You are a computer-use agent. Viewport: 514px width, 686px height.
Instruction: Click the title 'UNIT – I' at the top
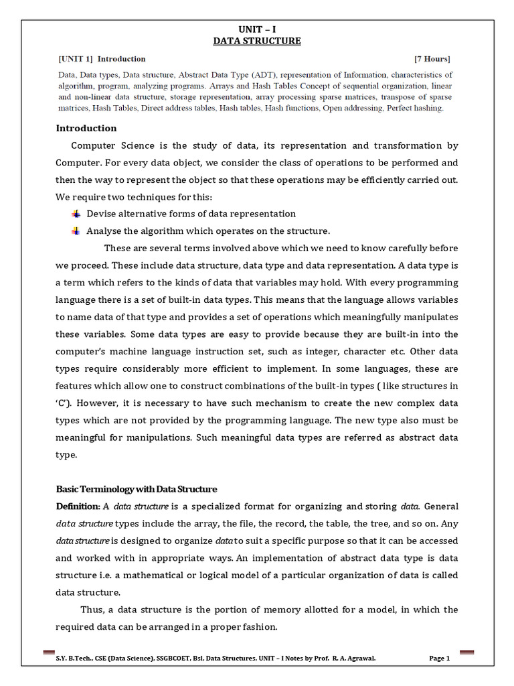tap(257, 29)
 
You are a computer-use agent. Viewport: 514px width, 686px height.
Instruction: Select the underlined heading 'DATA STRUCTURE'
tap(257, 42)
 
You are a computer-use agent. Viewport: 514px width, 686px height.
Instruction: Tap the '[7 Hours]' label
tap(432, 59)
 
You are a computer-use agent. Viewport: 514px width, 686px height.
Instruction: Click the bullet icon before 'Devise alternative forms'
tap(76, 214)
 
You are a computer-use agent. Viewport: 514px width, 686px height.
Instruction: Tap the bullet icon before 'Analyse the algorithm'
tap(76, 231)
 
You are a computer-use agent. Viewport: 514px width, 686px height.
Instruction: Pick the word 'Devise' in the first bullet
tap(102, 214)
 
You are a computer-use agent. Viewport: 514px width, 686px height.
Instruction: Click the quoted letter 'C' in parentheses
tap(63, 403)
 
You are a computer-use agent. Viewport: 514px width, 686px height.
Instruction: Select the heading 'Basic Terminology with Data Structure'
tap(137, 489)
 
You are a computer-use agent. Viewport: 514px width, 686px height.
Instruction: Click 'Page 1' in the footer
tap(439, 659)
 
